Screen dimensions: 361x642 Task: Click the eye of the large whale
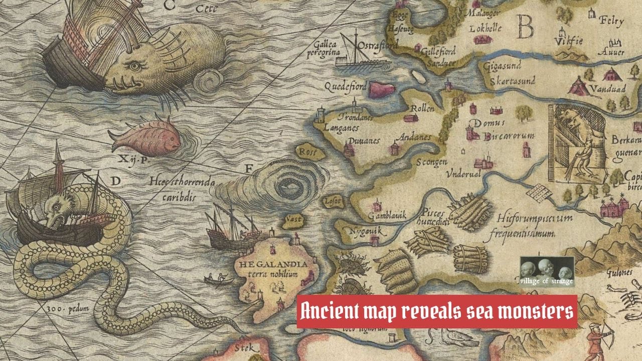click(x=133, y=66)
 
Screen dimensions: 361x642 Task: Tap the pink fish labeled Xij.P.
click(x=145, y=138)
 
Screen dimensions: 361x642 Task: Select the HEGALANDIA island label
click(x=273, y=264)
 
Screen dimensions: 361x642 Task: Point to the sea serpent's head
click(x=56, y=208)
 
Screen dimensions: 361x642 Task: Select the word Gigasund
click(x=502, y=65)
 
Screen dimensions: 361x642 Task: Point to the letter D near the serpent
click(x=115, y=181)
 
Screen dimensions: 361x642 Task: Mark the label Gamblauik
click(x=387, y=216)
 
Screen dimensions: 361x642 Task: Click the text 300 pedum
click(x=68, y=309)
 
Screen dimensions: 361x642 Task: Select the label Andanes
click(x=414, y=137)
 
